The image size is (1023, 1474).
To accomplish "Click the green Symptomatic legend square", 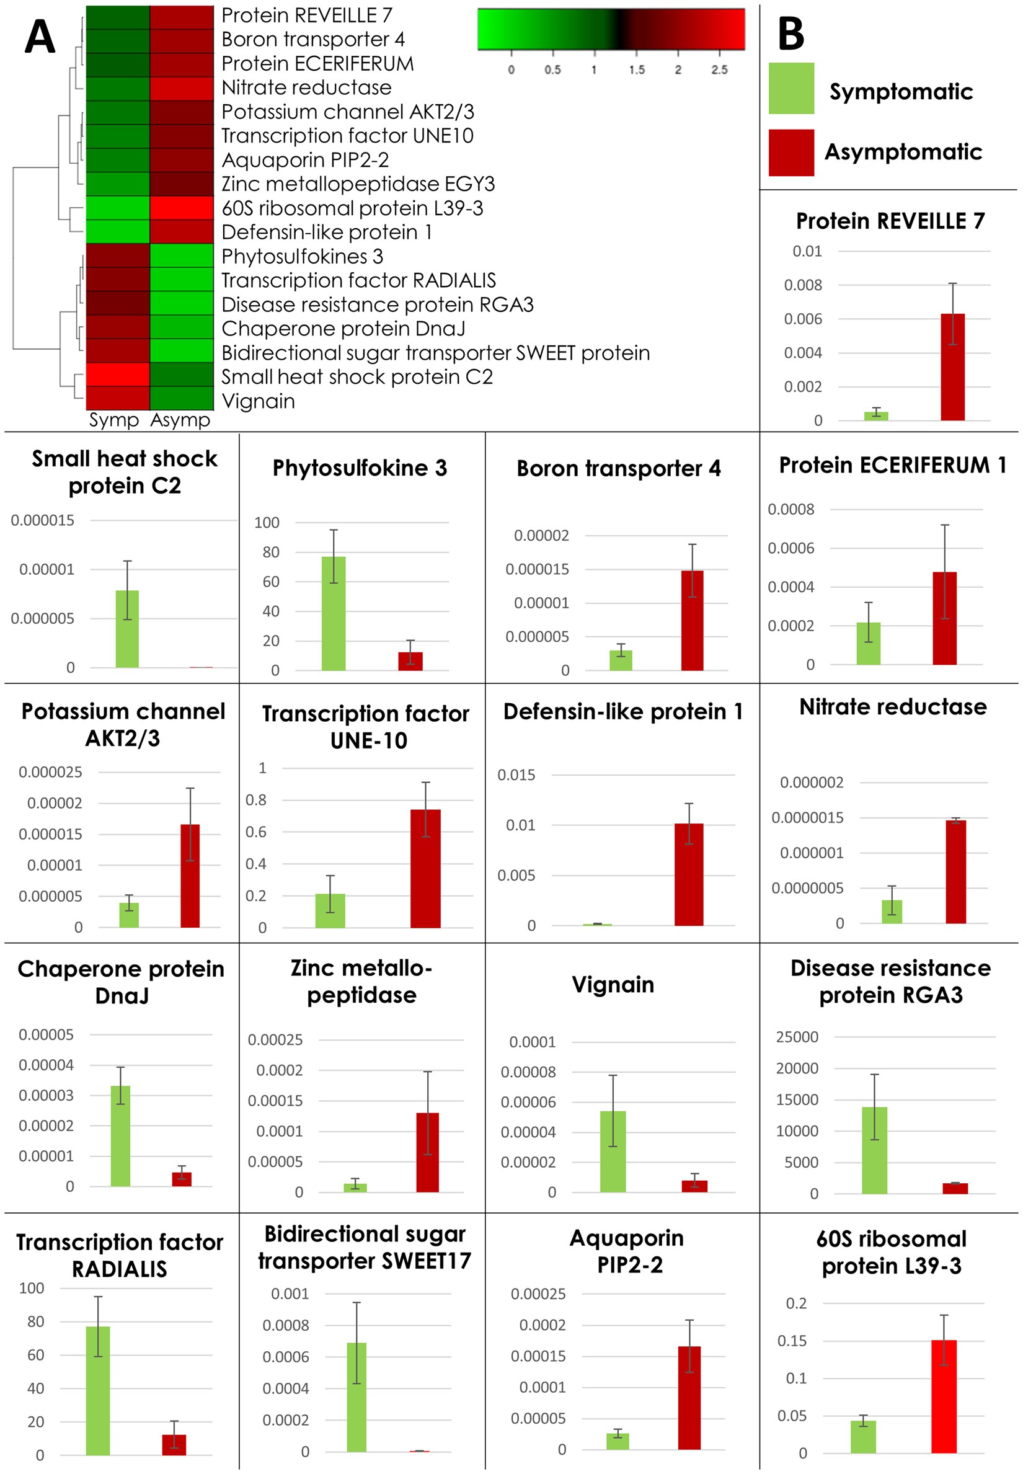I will [x=790, y=89].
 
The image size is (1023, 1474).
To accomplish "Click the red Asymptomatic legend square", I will [x=790, y=153].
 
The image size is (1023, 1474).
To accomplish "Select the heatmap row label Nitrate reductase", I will [x=306, y=88].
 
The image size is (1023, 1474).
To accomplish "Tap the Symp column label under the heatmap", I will [x=113, y=420].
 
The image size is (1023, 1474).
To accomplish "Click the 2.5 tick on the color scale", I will [x=719, y=69].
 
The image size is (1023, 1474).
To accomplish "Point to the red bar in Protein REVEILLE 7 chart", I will [x=952, y=367].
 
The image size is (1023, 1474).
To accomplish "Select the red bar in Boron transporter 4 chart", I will [x=692, y=620].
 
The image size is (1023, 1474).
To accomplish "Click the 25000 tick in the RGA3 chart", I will [x=797, y=1037].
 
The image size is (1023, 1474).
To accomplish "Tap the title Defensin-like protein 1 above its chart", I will [x=622, y=711].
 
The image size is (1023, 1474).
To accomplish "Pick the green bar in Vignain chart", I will [x=612, y=1152].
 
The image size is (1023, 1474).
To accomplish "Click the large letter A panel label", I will [x=40, y=37].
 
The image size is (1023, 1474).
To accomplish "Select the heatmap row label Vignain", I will [x=259, y=401].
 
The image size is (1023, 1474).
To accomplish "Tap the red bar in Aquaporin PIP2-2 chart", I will [x=689, y=1398].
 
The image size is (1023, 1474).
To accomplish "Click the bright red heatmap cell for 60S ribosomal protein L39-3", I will [x=182, y=208].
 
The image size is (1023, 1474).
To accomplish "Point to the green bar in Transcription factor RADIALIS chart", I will [x=98, y=1391].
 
